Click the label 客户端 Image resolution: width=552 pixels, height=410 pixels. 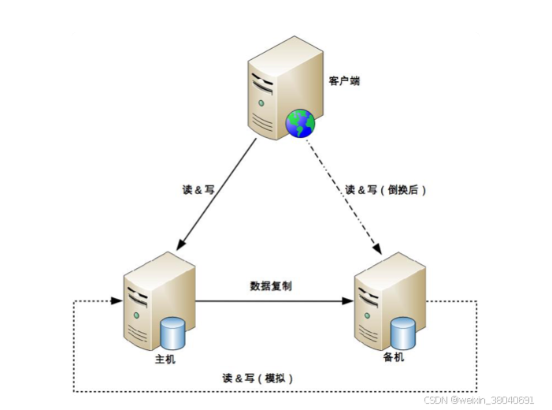tap(344, 80)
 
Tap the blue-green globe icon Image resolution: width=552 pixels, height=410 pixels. tap(300, 123)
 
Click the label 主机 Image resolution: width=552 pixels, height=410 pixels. tap(166, 360)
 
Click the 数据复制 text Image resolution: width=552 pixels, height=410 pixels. tap(271, 285)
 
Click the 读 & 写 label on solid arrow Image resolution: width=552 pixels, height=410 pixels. tap(198, 190)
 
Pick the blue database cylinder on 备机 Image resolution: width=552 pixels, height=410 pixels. tap(403, 334)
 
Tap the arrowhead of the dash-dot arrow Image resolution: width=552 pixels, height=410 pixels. tap(380, 249)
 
